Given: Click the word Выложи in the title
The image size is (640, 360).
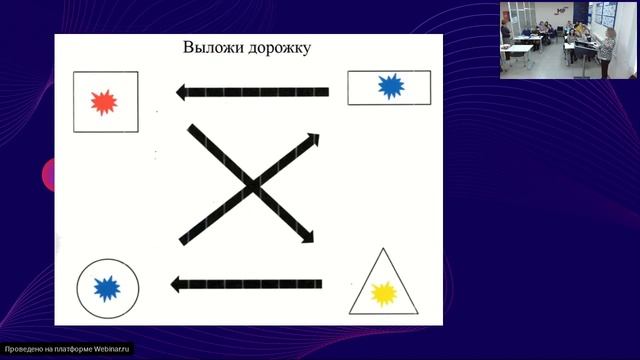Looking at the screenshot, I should (211, 48).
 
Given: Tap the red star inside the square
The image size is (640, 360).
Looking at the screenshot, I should (104, 102).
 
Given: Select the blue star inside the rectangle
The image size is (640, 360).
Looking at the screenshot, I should (389, 87).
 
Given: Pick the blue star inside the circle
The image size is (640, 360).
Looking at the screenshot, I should (107, 289).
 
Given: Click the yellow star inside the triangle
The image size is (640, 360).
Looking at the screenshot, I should (383, 293).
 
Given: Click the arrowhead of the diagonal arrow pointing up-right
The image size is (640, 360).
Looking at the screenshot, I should (312, 138).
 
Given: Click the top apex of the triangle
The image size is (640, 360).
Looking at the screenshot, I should (383, 249).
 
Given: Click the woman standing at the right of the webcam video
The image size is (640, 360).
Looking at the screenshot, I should (606, 51).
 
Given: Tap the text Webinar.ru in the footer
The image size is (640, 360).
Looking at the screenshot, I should (112, 350).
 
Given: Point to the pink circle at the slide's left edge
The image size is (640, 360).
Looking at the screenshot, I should (47, 175).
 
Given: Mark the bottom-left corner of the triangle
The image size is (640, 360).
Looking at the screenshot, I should (351, 313).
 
